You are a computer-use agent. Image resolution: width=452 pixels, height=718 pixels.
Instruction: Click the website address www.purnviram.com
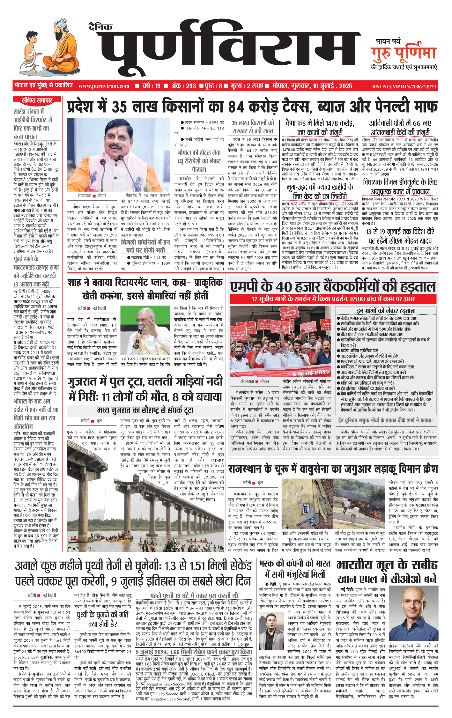point(104,86)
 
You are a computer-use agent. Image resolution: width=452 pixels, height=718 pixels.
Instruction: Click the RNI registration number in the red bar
point(404,86)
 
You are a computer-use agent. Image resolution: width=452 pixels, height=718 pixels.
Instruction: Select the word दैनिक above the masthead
point(100,26)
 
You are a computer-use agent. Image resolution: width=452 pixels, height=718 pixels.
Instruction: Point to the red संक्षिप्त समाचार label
point(37,100)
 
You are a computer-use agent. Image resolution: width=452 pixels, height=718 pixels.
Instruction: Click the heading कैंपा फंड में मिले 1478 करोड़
point(320,123)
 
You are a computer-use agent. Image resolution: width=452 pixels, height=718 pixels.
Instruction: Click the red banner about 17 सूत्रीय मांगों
point(333,299)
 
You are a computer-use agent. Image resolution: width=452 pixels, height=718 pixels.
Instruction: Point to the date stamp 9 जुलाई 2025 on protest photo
point(311,373)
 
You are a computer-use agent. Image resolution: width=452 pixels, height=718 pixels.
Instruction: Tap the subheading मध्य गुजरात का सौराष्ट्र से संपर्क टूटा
point(145,410)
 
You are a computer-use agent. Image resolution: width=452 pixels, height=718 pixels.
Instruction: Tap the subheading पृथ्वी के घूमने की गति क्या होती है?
point(103,619)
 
